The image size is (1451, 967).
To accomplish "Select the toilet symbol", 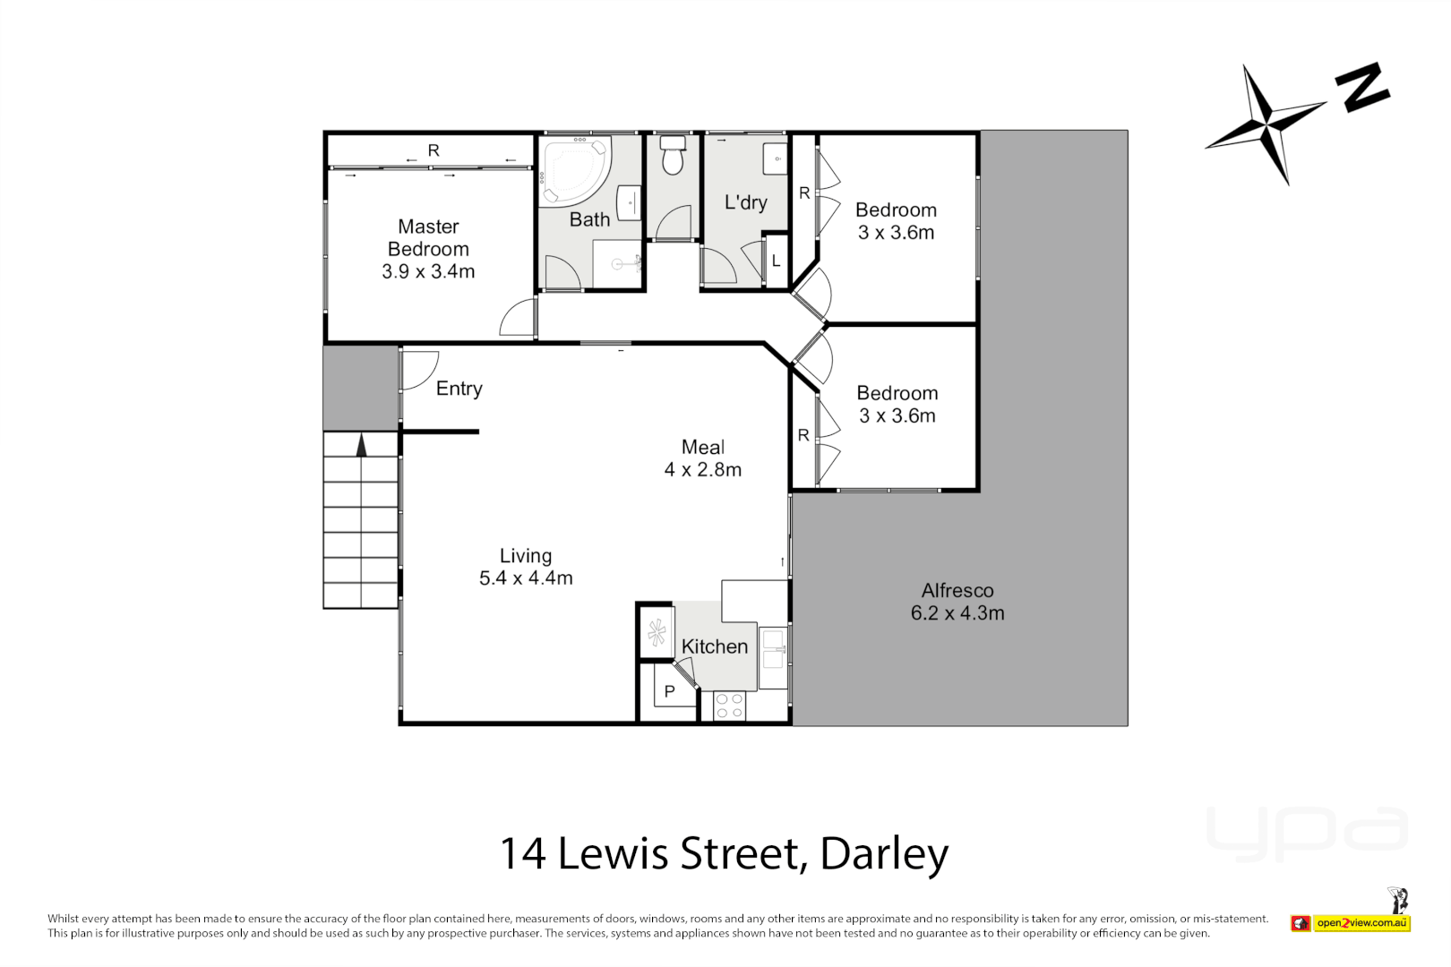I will [672, 156].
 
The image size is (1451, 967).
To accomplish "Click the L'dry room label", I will [745, 202].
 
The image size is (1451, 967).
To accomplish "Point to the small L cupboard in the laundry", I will [776, 261].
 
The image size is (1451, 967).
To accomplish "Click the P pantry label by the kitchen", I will [669, 691].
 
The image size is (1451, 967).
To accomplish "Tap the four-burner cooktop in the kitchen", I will [729, 706].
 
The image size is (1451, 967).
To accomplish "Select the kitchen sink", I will [772, 650].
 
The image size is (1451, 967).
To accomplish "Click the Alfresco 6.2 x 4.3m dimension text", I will [957, 613].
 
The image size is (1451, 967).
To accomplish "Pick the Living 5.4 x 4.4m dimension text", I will [526, 578].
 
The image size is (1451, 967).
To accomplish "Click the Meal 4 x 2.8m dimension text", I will [702, 469].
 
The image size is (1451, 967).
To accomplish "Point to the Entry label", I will [459, 389].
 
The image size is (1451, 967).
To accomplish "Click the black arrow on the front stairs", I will [361, 445].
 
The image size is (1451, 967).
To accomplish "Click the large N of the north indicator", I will [1361, 87].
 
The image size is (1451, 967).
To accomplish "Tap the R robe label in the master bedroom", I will [434, 150].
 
